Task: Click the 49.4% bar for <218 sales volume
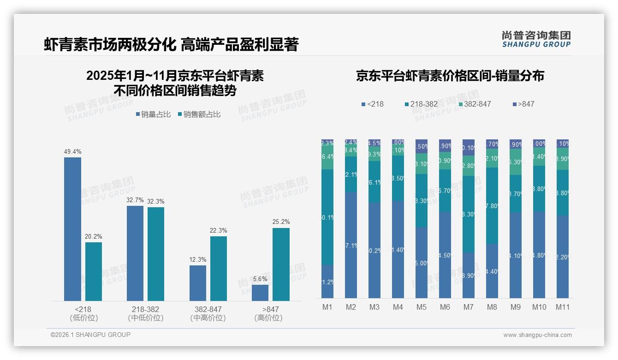[72, 229]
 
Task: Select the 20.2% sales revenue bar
[94, 271]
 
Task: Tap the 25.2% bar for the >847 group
[281, 264]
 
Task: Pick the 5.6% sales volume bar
[260, 293]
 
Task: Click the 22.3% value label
[219, 231]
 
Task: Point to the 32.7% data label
[135, 200]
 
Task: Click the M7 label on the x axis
[468, 307]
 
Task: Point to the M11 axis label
[562, 307]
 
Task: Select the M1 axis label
[327, 307]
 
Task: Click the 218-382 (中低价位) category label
[145, 313]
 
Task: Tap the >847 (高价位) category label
[270, 313]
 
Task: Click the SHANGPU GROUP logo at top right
[536, 39]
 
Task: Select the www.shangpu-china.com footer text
[537, 335]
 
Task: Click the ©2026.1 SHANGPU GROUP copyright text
[90, 335]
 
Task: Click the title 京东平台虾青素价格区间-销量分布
[450, 76]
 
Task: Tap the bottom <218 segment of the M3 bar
[374, 251]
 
